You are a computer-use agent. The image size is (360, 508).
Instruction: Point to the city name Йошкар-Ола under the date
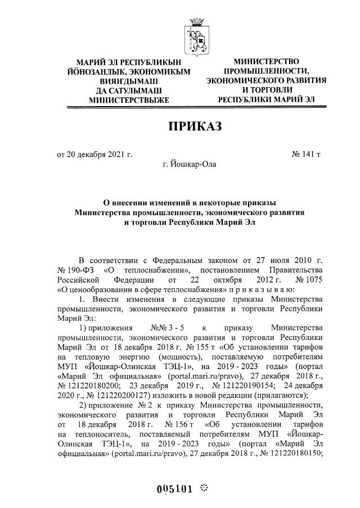(x=188, y=164)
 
